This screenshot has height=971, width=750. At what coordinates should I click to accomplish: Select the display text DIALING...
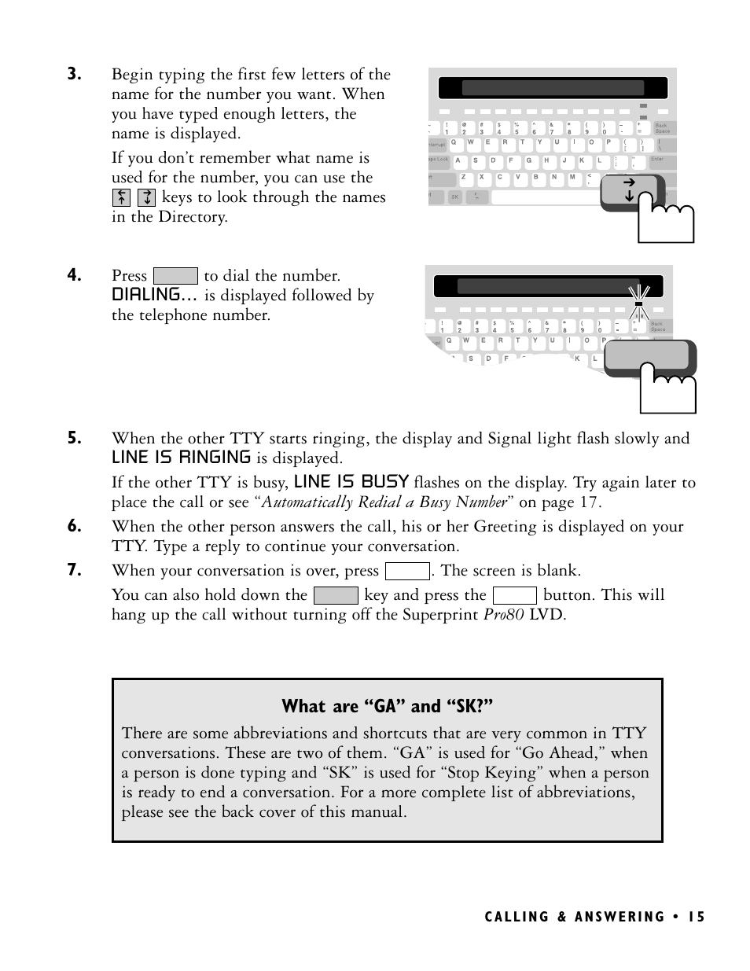(x=153, y=295)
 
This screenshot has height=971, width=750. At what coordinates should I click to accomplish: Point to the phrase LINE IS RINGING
(x=181, y=458)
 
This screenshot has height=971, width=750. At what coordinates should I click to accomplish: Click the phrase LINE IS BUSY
(x=351, y=482)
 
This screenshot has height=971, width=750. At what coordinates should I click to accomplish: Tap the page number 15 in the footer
(x=696, y=917)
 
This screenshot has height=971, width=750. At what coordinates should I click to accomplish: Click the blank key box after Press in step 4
(x=175, y=276)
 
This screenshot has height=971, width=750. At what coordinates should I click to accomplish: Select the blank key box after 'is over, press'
(x=407, y=571)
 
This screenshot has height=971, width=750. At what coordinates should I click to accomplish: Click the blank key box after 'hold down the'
(x=336, y=595)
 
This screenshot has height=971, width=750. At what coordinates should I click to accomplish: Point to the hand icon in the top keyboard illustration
(x=667, y=223)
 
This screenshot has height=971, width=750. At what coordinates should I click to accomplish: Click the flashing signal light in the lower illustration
(x=638, y=303)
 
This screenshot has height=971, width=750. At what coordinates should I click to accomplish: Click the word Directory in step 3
(x=193, y=217)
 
